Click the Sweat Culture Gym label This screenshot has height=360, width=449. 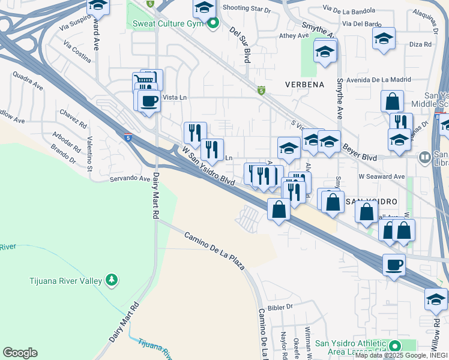tap(166, 23)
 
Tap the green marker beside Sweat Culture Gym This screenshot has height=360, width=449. tap(211, 23)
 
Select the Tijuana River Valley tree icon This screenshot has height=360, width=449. tap(110, 280)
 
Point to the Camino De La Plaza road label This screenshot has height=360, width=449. tap(214, 250)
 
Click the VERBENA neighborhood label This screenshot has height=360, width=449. tap(304, 84)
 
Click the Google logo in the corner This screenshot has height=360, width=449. tap(20, 352)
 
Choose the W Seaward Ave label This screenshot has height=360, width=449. tap(382, 176)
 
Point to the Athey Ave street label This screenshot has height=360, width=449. tap(294, 36)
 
